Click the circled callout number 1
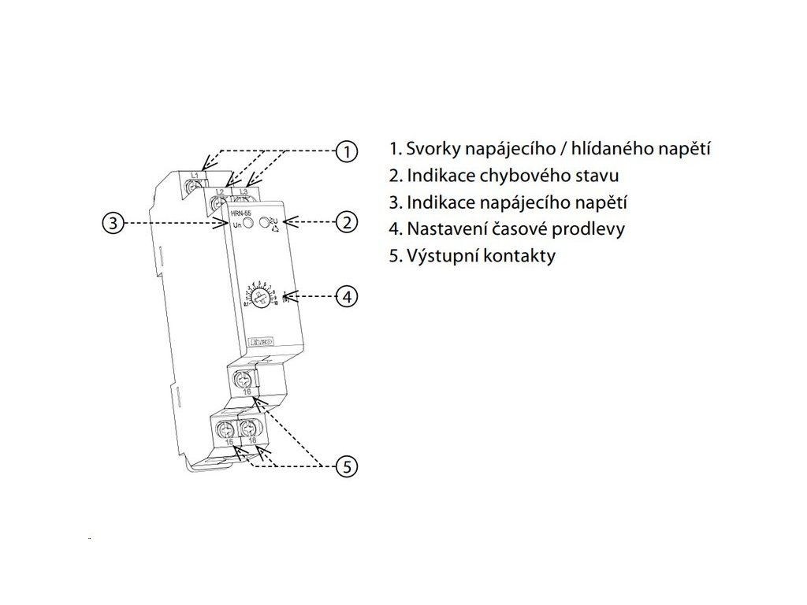point(346,150)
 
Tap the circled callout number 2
point(346,223)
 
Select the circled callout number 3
point(113,223)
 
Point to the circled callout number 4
point(346,297)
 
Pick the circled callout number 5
point(346,466)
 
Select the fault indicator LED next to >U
point(265,224)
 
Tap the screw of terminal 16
point(244,381)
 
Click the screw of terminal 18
point(250,430)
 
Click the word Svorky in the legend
point(430,148)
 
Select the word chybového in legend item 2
point(514,175)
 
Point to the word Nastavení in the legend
point(445,229)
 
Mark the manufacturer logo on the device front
point(262,341)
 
